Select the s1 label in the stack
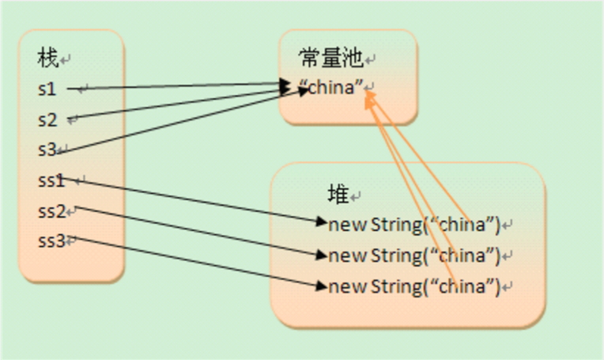pos(47,89)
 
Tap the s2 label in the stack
pos(47,119)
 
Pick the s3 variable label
pos(47,150)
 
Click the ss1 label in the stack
pos(51,180)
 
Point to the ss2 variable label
pos(51,211)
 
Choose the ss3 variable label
pos(51,241)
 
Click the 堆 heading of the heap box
pos(338,193)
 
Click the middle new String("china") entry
pos(414,255)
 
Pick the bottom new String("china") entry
pos(414,286)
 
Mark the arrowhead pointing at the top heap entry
pos(321,222)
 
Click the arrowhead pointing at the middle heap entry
pos(321,255)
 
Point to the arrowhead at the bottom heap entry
pos(321,285)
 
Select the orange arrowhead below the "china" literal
pos(369,98)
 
